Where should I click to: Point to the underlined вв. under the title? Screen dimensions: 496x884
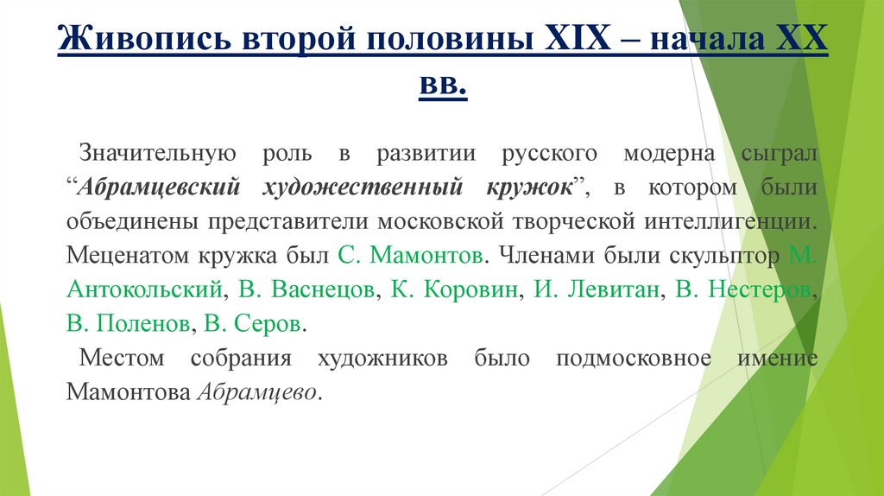click(x=442, y=86)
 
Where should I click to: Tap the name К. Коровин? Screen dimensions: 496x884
click(x=455, y=289)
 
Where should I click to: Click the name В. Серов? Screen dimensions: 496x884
click(x=254, y=324)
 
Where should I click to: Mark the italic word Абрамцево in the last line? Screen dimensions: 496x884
click(x=258, y=391)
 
